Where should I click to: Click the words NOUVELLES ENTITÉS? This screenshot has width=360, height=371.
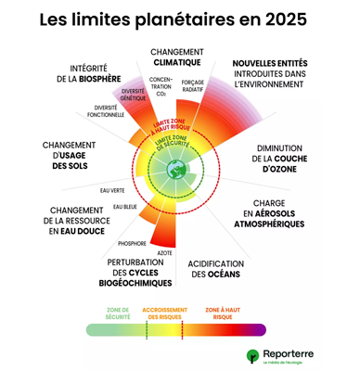point(270,62)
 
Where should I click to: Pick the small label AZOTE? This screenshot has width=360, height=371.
point(164,251)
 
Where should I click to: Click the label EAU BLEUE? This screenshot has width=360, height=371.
point(124,206)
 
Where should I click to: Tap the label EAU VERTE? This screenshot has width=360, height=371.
point(111,190)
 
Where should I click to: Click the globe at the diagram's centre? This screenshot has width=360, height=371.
point(177,168)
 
